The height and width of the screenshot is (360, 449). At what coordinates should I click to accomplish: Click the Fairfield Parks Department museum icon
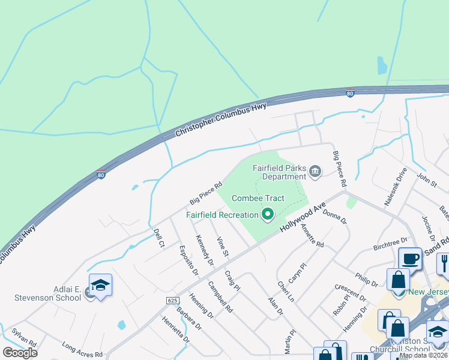click(315, 173)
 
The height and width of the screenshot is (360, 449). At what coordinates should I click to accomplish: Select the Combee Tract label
click(258, 198)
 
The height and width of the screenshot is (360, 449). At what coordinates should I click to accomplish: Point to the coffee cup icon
click(411, 259)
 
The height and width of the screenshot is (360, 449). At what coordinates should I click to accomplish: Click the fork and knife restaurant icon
click(443, 262)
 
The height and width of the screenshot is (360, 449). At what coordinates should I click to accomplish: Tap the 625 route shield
click(172, 299)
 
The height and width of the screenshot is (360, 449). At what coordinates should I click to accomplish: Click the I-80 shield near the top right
click(350, 92)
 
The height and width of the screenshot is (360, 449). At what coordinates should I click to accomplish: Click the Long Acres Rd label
click(82, 349)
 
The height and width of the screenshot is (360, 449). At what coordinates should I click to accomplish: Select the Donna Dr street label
click(335, 217)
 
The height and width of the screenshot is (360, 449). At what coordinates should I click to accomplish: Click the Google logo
click(20, 352)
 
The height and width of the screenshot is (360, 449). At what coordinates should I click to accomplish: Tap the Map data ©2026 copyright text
click(423, 355)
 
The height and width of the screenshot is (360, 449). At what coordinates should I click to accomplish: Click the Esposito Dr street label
click(188, 260)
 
